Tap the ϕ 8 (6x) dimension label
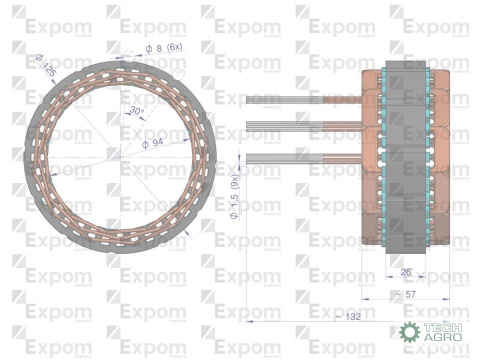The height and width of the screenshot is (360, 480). (x=164, y=48)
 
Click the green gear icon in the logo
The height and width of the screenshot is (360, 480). (x=409, y=334)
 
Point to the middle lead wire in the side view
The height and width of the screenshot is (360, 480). (x=300, y=128)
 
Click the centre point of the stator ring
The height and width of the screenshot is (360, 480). (x=121, y=156)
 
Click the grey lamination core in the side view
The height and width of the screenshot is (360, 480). (x=405, y=155)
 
